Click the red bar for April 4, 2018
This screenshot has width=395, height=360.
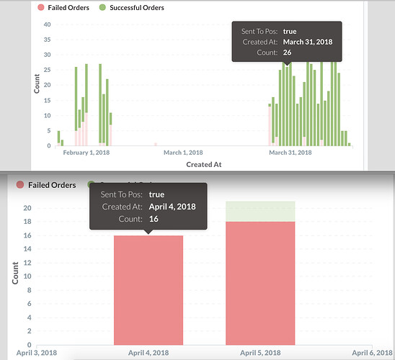pos(148,290)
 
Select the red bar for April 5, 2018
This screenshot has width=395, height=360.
pos(260,283)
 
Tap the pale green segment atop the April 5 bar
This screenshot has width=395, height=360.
pos(260,212)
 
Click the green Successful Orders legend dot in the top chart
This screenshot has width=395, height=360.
pos(102,7)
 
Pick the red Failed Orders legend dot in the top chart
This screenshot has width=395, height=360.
pos(41,7)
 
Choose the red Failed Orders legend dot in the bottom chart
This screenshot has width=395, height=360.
pos(20,184)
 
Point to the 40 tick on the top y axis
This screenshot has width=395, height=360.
pos(47,24)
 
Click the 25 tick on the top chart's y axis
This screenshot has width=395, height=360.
pos(47,70)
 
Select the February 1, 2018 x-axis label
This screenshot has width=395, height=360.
pos(86,153)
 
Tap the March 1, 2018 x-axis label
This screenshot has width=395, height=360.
pos(183,153)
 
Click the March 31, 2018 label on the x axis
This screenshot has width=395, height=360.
pos(290,153)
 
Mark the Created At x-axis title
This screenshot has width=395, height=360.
pos(204,165)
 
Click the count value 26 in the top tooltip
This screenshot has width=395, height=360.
pos(287,53)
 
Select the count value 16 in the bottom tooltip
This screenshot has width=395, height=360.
pos(154,219)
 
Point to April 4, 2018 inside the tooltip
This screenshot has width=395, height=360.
pos(172,207)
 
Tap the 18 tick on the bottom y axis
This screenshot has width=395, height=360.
pos(27,222)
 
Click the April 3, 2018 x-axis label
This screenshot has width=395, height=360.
pos(37,353)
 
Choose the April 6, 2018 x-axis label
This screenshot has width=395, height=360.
pos(373,353)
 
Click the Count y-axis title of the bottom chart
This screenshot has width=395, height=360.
pos(15,273)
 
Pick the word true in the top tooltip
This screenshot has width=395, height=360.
pos(290,32)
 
